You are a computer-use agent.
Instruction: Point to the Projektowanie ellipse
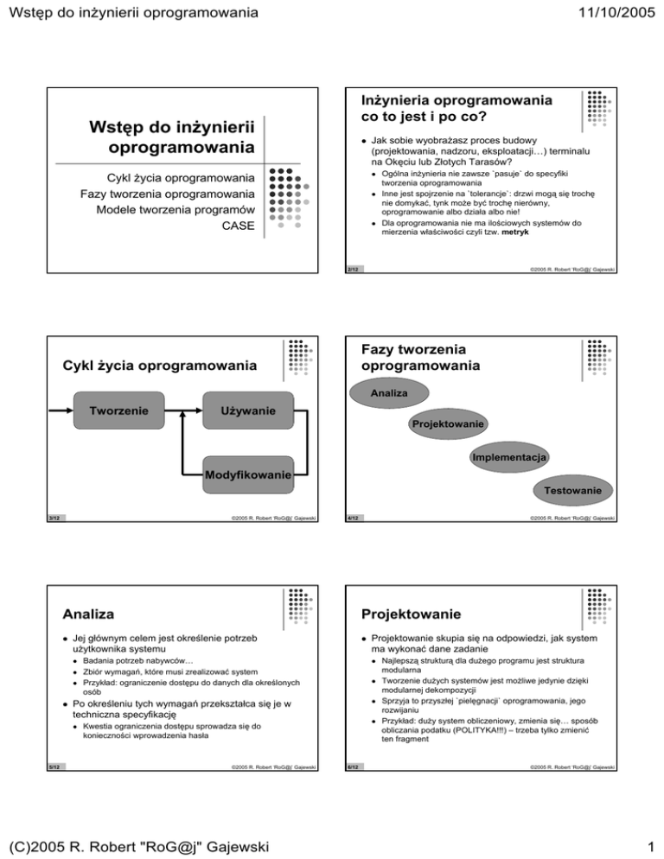pos(447,425)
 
